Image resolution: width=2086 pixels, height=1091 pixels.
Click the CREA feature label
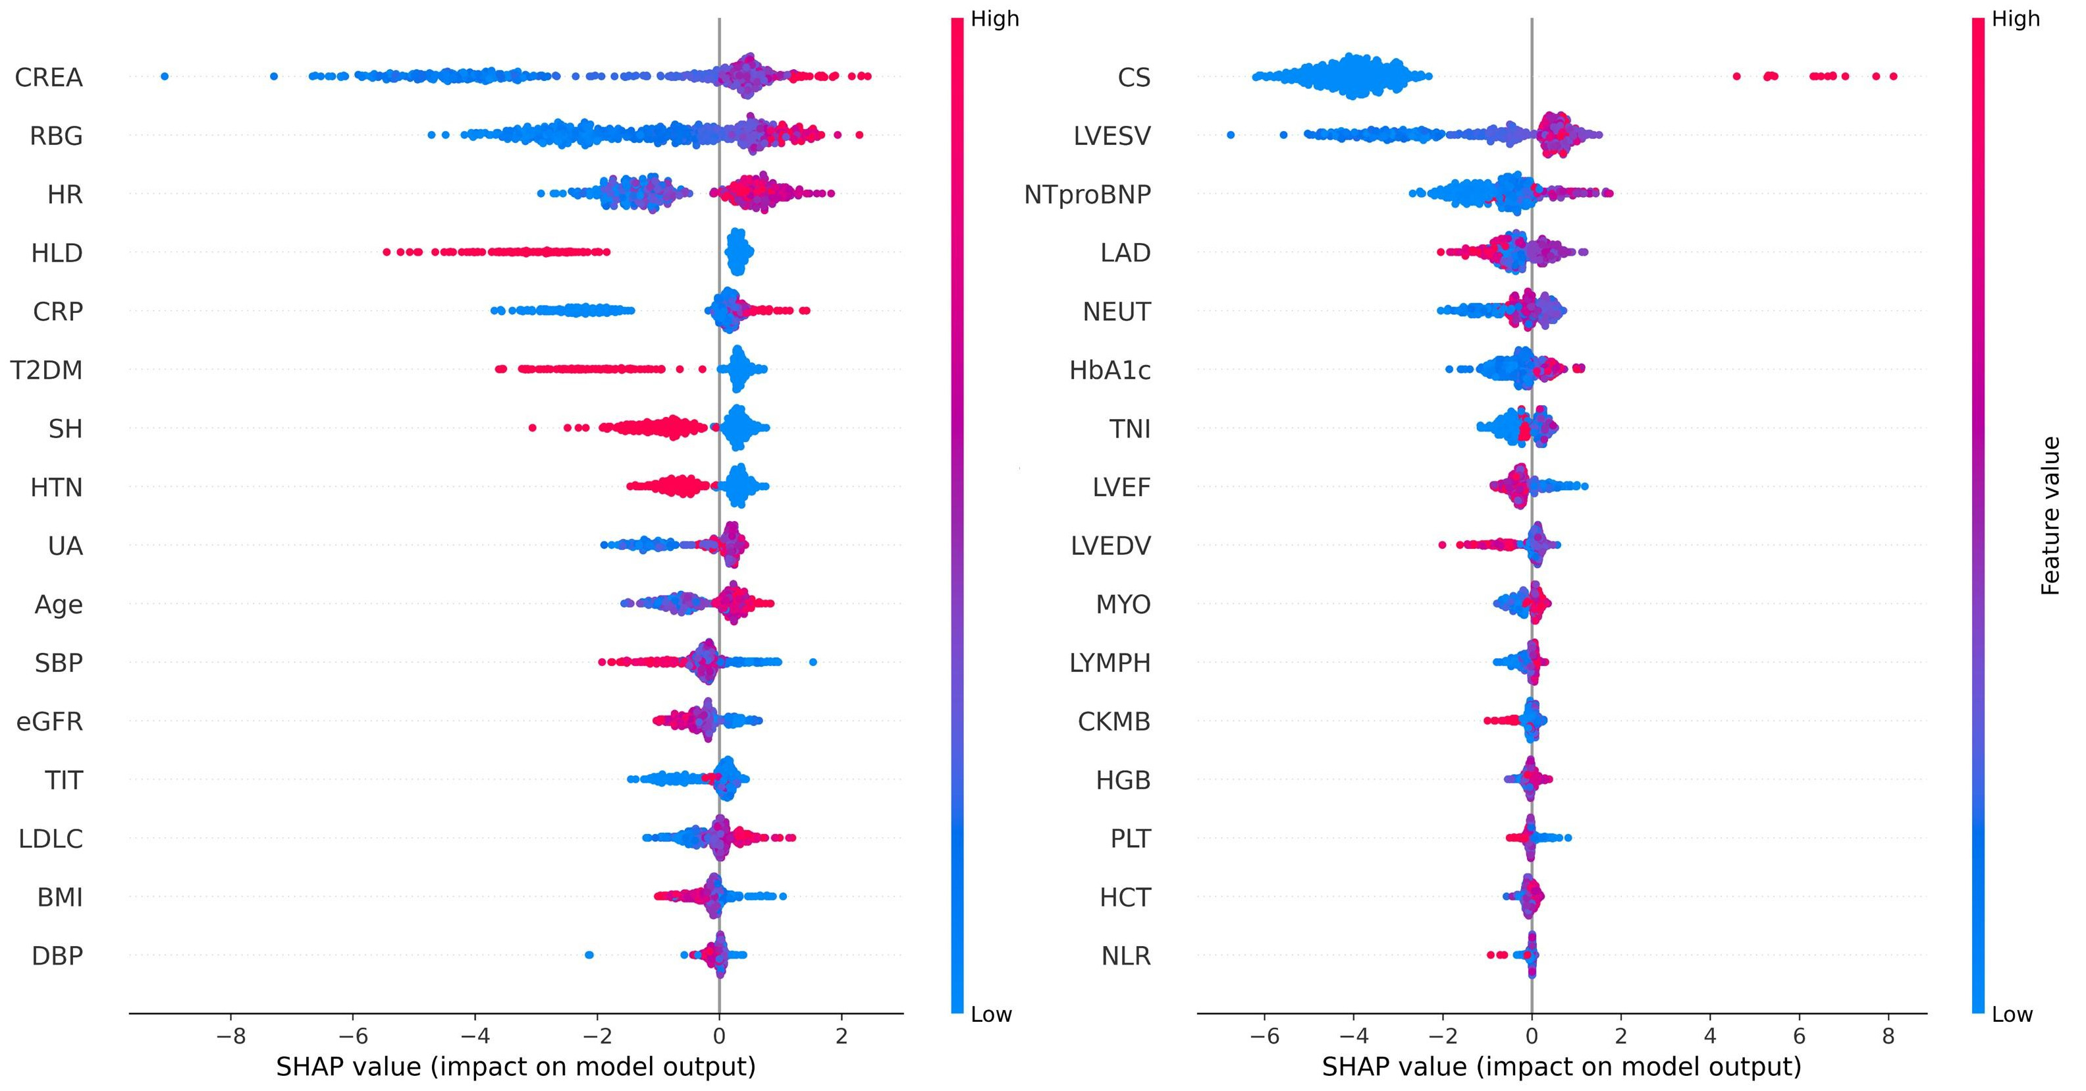49,78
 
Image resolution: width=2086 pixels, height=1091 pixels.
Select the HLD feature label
57,254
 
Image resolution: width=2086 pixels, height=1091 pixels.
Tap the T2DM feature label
46,371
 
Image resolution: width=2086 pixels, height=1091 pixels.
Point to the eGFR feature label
49,721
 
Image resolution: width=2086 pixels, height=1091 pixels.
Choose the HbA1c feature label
1110,371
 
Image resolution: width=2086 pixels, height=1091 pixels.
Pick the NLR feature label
1125,957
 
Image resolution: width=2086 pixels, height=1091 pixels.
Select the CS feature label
1134,78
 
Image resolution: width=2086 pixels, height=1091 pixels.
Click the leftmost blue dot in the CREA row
165,76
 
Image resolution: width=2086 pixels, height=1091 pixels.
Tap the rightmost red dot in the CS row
1892,76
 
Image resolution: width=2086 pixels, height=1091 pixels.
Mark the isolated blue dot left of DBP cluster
589,955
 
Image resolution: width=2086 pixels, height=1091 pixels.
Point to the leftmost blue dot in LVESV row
1231,134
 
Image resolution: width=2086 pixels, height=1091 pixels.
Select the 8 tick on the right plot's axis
1888,1036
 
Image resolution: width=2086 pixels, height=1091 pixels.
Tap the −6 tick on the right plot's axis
1264,1036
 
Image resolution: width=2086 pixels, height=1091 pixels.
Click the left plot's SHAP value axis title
516,1067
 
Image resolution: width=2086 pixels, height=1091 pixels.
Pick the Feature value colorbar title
2050,516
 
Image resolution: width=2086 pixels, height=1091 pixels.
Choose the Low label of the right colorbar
2012,1015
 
